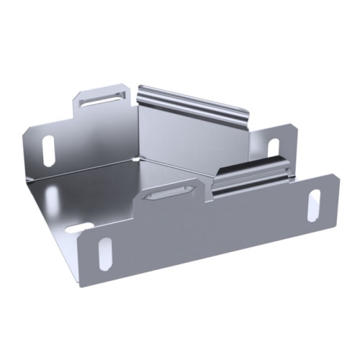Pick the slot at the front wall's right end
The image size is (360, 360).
click(314, 205)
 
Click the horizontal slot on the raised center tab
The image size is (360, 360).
click(169, 192)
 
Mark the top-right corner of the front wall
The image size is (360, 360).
click(336, 175)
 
